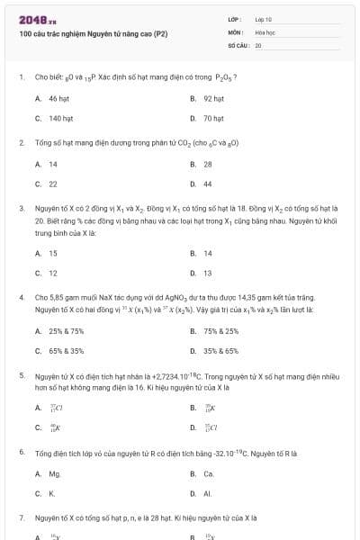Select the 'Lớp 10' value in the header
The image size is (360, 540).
coord(264,18)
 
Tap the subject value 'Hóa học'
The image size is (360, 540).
coord(264,31)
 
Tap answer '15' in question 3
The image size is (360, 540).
coord(53,253)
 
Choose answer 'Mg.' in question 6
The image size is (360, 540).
coord(55,473)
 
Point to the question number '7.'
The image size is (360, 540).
coord(22,518)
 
